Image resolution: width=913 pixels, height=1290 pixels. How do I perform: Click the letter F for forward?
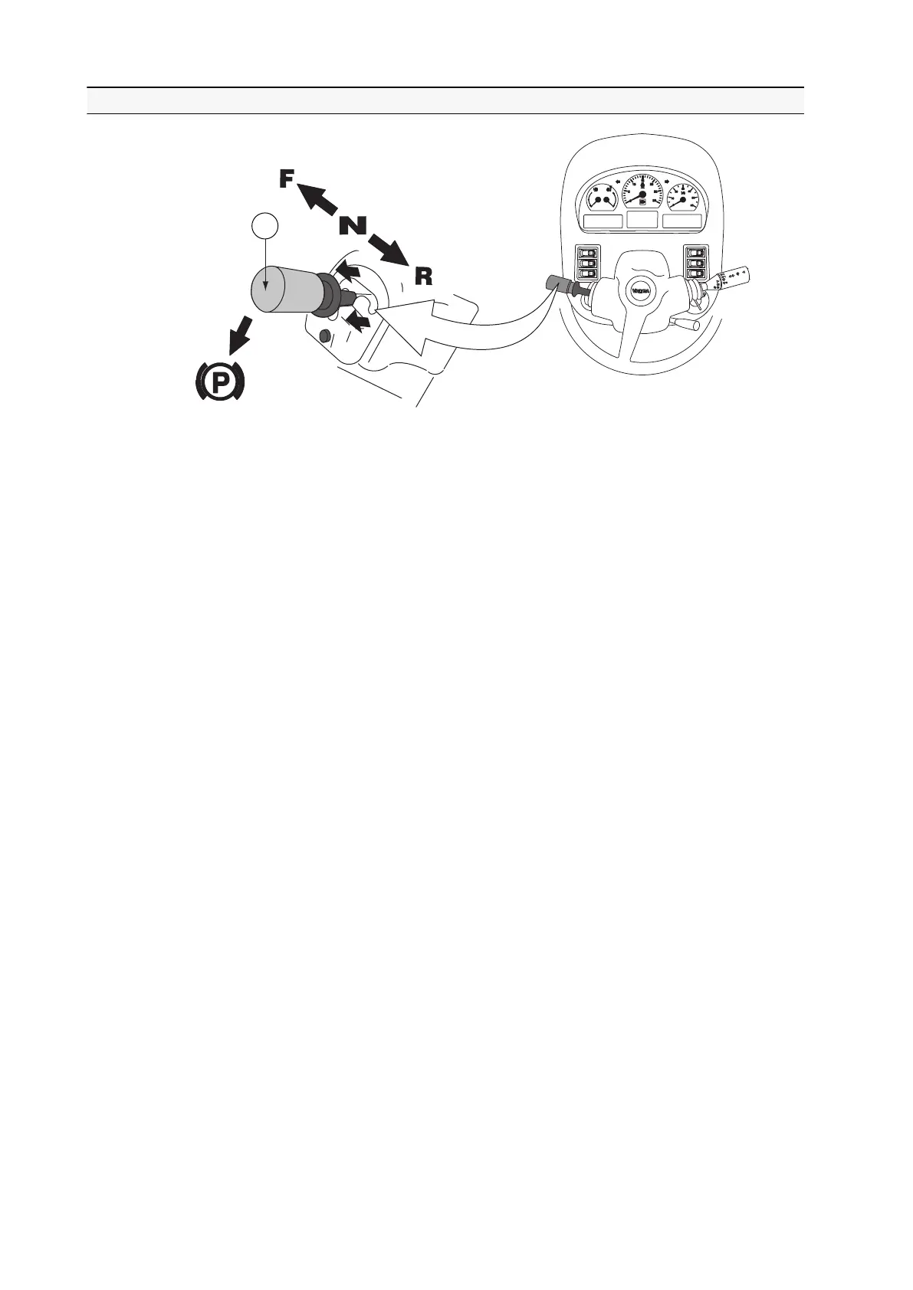click(284, 179)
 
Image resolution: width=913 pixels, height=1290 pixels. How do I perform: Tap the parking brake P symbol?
click(218, 381)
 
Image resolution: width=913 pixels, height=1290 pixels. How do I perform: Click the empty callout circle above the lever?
click(264, 227)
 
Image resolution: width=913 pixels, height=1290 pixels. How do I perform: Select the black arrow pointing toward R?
click(388, 250)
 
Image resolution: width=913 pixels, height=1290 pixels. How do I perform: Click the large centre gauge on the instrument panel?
click(642, 192)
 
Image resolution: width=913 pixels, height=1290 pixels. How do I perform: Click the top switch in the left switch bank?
click(589, 252)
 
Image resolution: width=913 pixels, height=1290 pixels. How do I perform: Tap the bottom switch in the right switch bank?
click(695, 273)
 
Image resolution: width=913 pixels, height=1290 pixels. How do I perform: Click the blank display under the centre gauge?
click(642, 219)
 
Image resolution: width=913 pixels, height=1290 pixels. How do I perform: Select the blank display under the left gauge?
click(603, 221)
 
